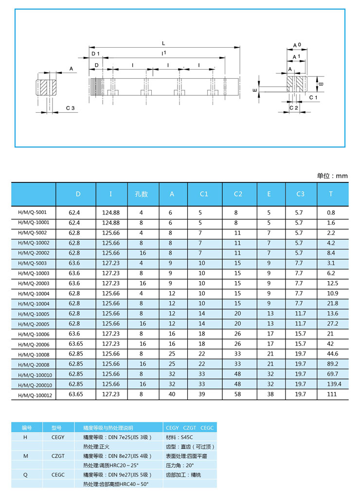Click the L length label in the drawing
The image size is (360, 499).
(x=163, y=43)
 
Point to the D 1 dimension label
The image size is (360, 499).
(x=95, y=53)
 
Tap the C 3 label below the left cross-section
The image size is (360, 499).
(x=70, y=107)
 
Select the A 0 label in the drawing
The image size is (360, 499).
(x=297, y=45)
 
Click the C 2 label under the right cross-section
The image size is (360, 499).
(x=294, y=107)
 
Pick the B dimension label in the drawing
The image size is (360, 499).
(x=321, y=84)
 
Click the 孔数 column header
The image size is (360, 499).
(x=141, y=194)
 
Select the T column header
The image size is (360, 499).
(x=331, y=194)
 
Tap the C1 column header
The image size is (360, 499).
(x=204, y=194)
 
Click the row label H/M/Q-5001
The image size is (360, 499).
(x=30, y=213)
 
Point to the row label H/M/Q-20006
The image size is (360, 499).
(x=32, y=344)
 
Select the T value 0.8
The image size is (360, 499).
(x=331, y=213)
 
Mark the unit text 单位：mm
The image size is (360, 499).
(x=332, y=176)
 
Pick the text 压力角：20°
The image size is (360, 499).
(x=180, y=465)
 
